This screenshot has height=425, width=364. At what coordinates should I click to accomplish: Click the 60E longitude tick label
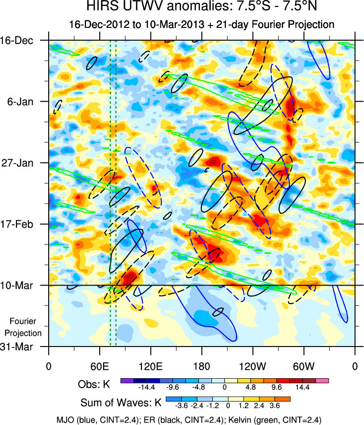[99, 366]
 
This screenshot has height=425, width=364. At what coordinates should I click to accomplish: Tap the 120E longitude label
[150, 366]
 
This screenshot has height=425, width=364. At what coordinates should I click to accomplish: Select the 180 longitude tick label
[201, 366]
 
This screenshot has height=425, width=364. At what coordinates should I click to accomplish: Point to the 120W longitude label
[252, 366]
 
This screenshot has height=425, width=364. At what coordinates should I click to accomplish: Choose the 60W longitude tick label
[303, 366]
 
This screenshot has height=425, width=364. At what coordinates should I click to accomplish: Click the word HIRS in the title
[101, 7]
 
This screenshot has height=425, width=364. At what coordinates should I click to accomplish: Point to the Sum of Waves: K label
[121, 403]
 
